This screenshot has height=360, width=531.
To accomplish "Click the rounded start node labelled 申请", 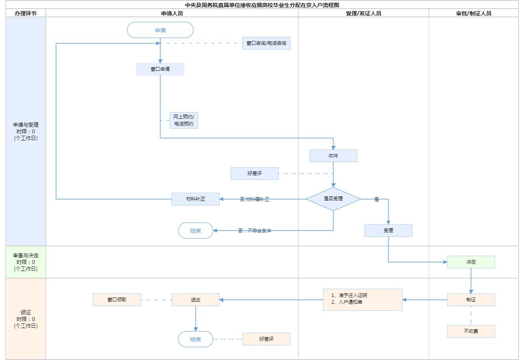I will click(160, 30).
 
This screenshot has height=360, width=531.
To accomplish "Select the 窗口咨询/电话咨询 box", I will click(266, 43).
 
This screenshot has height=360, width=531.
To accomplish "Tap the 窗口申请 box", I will click(160, 69).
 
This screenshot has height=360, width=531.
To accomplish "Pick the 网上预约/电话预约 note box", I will click(184, 120).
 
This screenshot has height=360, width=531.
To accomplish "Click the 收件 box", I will click(333, 156).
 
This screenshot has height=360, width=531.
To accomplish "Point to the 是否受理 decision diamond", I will click(333, 199).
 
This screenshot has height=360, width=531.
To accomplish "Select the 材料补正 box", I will click(195, 199).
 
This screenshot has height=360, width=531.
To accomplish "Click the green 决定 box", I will click(471, 262).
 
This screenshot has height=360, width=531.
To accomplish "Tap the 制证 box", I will click(471, 300).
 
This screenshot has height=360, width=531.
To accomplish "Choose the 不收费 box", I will click(471, 331).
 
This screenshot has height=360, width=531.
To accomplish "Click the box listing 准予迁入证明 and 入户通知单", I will click(363, 300).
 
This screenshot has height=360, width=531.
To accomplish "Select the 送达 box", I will click(195, 300).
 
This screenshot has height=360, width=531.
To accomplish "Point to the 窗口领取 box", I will click(117, 300).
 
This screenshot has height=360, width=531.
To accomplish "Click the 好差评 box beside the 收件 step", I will click(254, 174).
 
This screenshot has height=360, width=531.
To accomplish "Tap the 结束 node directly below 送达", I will click(195, 339).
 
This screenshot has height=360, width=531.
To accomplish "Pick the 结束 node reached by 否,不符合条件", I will click(195, 231).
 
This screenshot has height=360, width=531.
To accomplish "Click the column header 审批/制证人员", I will click(474, 13).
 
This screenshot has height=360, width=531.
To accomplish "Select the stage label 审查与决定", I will click(26, 256).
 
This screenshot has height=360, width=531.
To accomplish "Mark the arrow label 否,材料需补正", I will click(254, 199).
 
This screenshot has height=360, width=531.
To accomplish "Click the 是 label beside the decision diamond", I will click(376, 199).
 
